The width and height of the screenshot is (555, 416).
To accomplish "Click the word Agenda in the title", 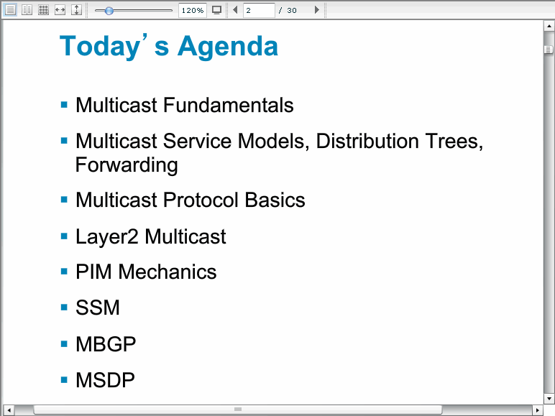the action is [x=228, y=47].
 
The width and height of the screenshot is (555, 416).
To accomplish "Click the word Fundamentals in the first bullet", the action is [x=229, y=105].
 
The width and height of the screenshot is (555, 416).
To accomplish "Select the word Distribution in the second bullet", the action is [x=367, y=141].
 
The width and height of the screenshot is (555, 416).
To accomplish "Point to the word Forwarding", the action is [x=127, y=165].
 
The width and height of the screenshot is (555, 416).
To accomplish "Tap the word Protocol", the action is [x=201, y=200].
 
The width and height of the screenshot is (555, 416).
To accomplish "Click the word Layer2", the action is [x=106, y=236].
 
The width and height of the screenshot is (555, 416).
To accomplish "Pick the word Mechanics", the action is [x=167, y=272].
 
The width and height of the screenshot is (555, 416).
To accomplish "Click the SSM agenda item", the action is [x=98, y=308].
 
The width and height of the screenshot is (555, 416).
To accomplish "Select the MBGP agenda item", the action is [x=106, y=344].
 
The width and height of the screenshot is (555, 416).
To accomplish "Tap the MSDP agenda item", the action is [x=105, y=380].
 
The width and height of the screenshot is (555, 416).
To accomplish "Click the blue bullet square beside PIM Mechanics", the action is [x=64, y=272].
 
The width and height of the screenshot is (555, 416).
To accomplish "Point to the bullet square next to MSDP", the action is [x=64, y=380].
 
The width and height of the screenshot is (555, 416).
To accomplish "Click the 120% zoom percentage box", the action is [x=193, y=10].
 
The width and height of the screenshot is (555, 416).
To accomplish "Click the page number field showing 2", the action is [x=259, y=10].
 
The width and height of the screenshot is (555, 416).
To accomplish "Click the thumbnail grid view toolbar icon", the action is [x=43, y=10].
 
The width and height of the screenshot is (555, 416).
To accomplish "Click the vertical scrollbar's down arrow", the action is [x=549, y=399].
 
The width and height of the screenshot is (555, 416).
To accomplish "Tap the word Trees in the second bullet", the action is [x=454, y=141].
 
